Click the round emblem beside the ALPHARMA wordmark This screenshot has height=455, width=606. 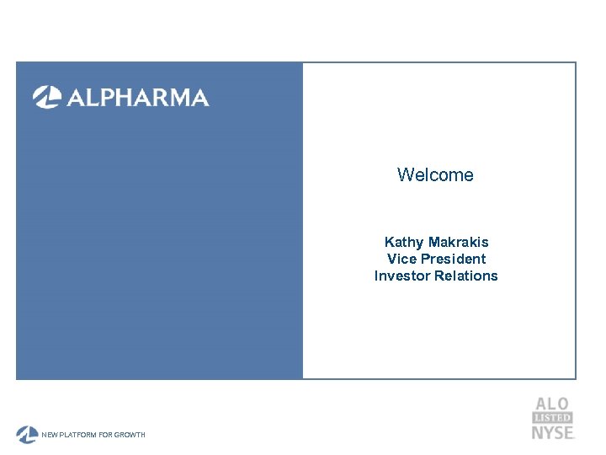[x=46, y=98]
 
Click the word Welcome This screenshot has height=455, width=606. [x=435, y=175]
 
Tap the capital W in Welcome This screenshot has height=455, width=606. [x=405, y=175]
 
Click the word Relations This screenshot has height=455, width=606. [x=466, y=276]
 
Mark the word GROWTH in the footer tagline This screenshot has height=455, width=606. [x=131, y=435]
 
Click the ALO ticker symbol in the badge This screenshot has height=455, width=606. [x=552, y=404]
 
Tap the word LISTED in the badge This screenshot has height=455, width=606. [x=552, y=418]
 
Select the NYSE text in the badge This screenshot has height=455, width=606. [x=552, y=432]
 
